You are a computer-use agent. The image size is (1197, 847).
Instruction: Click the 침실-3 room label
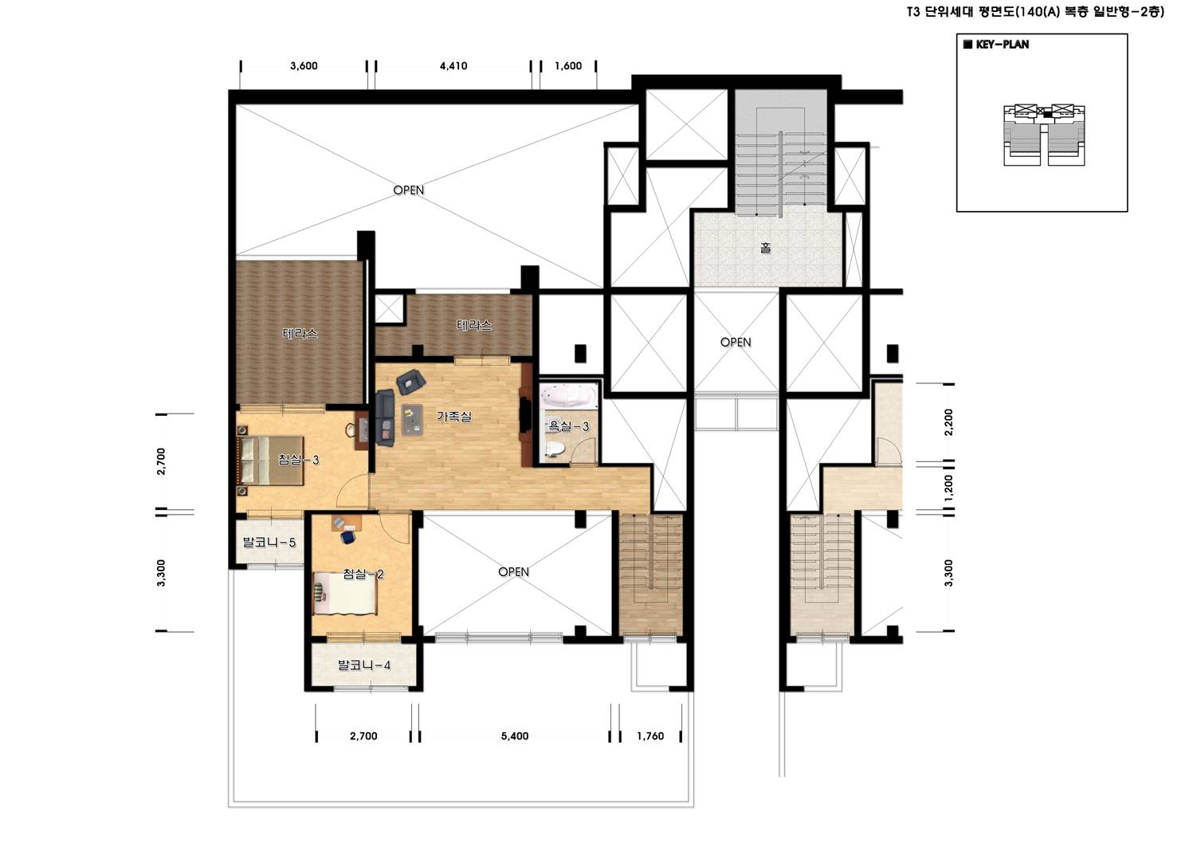tap(299, 460)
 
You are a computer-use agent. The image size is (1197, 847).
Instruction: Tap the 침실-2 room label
tap(363, 574)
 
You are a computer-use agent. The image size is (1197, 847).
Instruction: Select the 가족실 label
tap(454, 416)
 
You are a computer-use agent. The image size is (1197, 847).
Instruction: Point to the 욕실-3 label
tap(569, 426)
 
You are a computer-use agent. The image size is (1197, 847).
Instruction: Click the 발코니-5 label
tap(269, 543)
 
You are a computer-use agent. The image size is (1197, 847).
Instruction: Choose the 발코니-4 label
tap(364, 665)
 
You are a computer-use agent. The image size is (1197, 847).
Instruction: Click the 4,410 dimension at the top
tap(453, 65)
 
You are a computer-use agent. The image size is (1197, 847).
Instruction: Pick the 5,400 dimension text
tap(515, 736)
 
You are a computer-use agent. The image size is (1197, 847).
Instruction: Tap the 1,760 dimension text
tap(650, 736)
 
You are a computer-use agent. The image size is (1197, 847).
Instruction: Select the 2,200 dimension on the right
tap(948, 422)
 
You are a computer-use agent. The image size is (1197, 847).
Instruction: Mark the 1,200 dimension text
tap(948, 488)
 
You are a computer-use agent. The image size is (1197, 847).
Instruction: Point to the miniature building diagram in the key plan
tap(1044, 135)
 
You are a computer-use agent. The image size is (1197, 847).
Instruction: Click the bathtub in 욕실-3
tap(568, 397)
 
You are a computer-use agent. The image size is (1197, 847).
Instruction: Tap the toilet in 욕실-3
tap(553, 449)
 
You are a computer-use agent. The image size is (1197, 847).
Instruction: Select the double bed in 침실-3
tap(270, 461)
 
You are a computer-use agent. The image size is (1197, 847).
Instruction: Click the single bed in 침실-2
tap(345, 593)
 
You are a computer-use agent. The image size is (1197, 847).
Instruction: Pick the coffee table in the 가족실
tap(412, 419)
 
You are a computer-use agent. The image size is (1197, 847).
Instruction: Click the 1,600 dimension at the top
tap(568, 65)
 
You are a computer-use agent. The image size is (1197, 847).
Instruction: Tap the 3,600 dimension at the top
tap(304, 65)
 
